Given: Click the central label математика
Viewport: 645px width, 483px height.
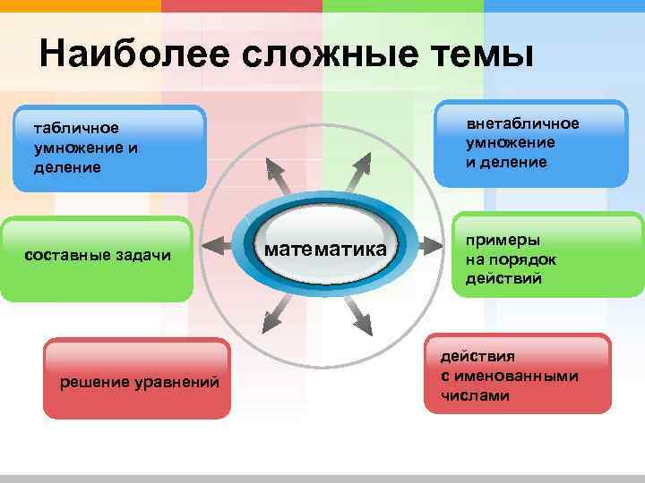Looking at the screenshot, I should [327, 248].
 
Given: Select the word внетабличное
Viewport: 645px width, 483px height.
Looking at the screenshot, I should [522, 123].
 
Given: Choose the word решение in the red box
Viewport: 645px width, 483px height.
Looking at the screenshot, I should [93, 383].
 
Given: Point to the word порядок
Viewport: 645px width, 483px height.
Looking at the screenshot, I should [524, 259].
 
